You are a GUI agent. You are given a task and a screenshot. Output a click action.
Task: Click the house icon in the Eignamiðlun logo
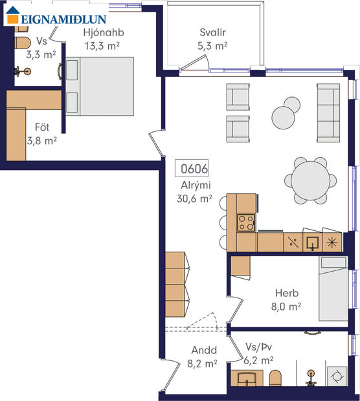(x=13, y=18)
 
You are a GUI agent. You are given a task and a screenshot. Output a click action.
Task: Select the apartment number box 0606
(x=194, y=169)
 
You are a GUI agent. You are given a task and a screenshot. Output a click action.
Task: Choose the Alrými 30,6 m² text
(x=194, y=193)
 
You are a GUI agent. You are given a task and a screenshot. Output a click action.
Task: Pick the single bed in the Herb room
(x=333, y=288)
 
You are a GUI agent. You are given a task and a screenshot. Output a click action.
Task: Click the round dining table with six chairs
(x=309, y=180)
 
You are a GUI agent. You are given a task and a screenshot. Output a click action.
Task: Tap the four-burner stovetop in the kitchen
(x=246, y=222)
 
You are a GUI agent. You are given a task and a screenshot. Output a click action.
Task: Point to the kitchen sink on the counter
(x=312, y=243)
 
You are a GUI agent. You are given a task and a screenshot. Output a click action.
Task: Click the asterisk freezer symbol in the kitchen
(x=333, y=243)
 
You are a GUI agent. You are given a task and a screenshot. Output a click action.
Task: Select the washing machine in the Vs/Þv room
(x=337, y=375)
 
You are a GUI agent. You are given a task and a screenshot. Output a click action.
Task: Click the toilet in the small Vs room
(x=21, y=44)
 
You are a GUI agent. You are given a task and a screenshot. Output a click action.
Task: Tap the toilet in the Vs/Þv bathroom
(x=276, y=379)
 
